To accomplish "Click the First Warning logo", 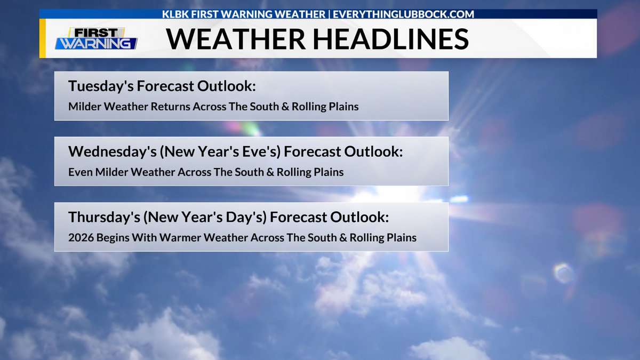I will coord(96,39).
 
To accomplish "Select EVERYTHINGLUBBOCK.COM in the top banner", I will coord(403,14).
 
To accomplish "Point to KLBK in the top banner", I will coord(176,14).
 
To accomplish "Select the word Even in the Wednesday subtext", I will coord(79,172).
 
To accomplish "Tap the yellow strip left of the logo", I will coord(42,39).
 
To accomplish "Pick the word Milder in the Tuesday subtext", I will coord(85,107).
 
